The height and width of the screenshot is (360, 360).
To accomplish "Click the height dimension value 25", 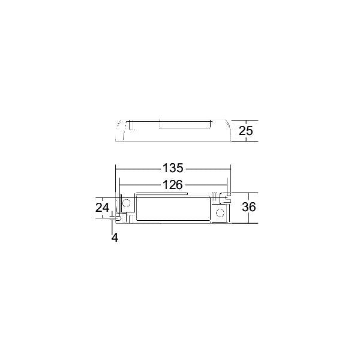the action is (x=245, y=131).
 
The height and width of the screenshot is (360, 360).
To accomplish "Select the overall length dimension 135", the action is (x=173, y=168).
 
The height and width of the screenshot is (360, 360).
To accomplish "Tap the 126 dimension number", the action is (x=173, y=185).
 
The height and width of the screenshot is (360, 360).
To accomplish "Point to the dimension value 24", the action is (x=102, y=208).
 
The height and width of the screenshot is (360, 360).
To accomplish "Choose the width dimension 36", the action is (x=248, y=207).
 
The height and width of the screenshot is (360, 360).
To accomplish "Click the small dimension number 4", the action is (x=115, y=238).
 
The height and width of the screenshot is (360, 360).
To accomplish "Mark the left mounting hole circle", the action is (x=126, y=203).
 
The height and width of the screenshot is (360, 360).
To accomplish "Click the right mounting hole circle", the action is (x=220, y=213).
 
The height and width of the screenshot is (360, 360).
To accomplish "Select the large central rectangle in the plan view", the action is (x=173, y=208).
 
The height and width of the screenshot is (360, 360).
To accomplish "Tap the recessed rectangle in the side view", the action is (x=185, y=125).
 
